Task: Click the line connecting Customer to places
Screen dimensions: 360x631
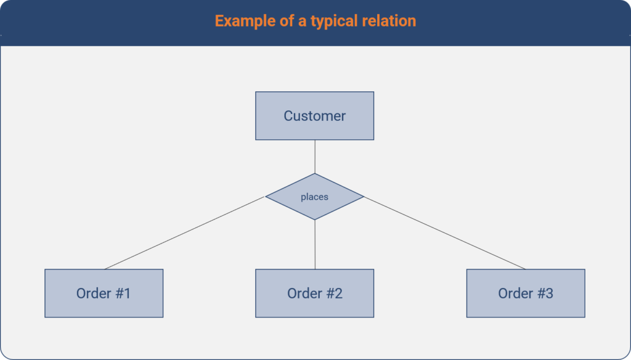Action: (315, 157)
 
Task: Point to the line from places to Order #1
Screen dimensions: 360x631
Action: (185, 233)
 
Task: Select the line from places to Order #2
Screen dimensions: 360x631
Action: (315, 244)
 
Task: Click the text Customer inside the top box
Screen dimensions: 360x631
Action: (314, 116)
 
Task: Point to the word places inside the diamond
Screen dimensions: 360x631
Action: (314, 197)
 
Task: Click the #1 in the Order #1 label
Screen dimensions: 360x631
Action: (123, 293)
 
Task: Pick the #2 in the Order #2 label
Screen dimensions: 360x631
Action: (333, 293)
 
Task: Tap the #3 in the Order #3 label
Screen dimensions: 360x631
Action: (545, 293)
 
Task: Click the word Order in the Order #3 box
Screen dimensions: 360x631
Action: (515, 293)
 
